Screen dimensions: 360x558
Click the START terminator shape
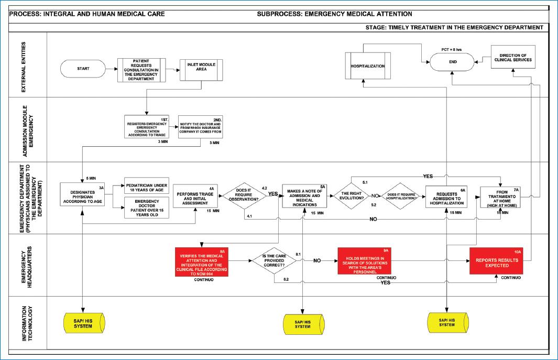point(83,68)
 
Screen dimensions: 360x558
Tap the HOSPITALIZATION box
point(368,67)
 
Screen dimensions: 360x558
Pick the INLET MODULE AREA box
point(201,69)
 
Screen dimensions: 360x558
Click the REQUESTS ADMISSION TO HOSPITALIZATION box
point(446,197)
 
